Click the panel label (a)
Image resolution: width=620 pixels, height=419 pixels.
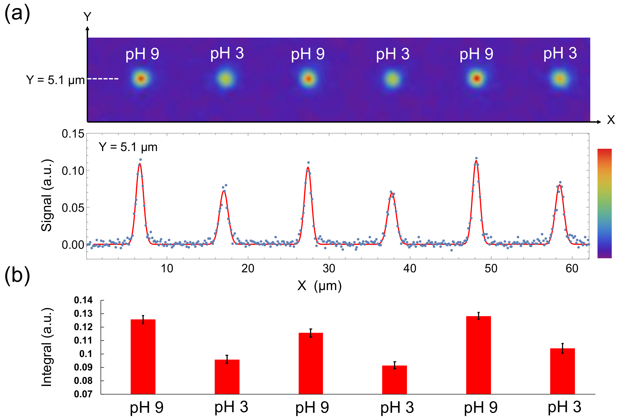coord(17,13)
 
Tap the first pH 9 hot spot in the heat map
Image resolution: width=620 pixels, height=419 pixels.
coord(141,79)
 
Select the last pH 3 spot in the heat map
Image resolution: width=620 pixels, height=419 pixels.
coord(560,79)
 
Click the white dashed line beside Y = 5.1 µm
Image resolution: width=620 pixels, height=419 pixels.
coord(103,79)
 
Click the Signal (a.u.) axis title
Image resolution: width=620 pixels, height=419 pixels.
coord(47,195)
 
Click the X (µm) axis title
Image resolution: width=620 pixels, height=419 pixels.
coord(319,286)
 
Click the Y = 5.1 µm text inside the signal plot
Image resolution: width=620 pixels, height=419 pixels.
coord(128,147)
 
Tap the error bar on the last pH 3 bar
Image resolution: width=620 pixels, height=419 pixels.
coord(562,348)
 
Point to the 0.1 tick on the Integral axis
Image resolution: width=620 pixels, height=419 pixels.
coord(86,354)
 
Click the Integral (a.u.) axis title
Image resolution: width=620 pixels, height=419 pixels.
coord(47,347)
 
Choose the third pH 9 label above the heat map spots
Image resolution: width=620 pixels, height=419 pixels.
coord(476,54)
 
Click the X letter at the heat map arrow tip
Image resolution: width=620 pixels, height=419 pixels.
coord(611,120)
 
